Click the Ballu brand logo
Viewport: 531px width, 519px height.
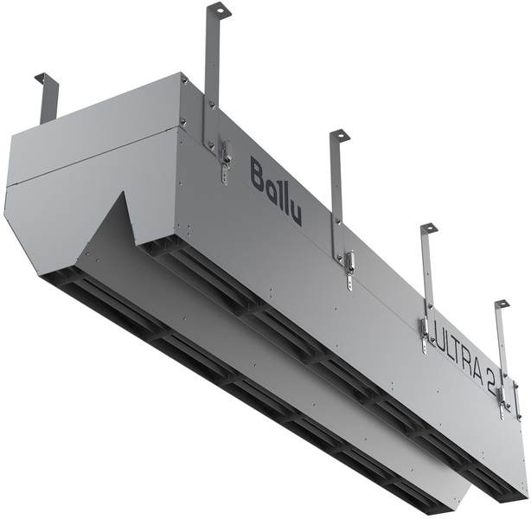276,191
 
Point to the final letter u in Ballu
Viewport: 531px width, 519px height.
296,214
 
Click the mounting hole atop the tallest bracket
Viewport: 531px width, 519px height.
221,11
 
